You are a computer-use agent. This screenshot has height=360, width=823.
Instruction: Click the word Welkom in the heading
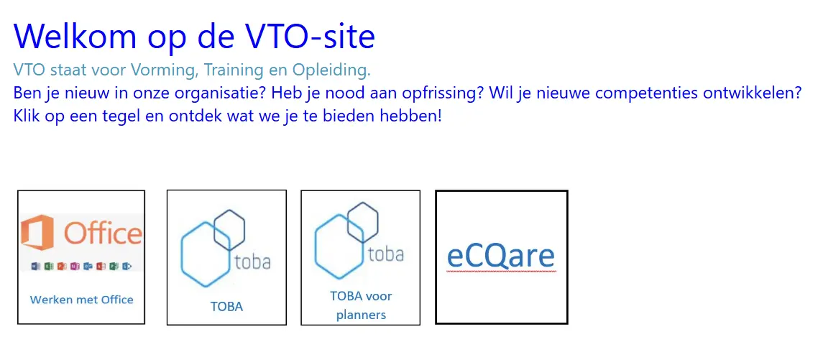click(x=75, y=36)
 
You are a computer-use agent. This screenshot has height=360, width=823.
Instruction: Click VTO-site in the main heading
click(x=311, y=36)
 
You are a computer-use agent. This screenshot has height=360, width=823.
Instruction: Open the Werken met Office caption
click(x=81, y=300)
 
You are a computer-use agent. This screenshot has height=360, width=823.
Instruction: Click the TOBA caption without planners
click(x=226, y=307)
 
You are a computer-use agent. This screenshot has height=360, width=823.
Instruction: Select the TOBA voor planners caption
click(x=361, y=305)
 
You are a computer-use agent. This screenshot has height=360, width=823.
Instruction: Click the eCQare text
click(x=501, y=256)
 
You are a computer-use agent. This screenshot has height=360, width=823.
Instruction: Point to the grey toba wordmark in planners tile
click(x=386, y=254)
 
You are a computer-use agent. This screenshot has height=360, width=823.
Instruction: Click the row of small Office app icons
click(x=82, y=267)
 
